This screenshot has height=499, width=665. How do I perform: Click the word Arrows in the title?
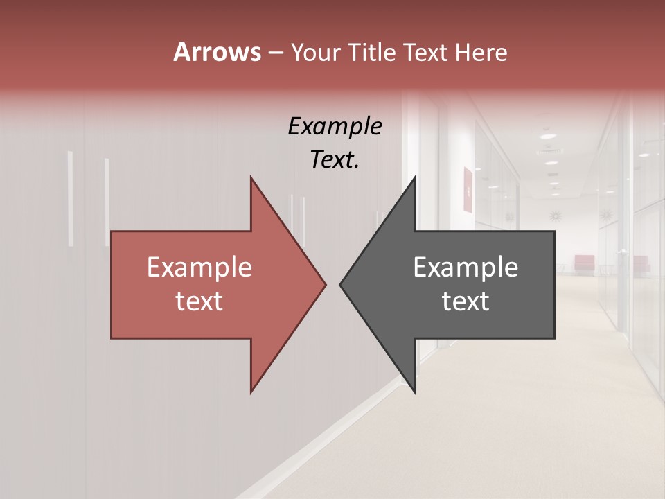217,52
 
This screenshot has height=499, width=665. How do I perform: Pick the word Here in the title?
482,53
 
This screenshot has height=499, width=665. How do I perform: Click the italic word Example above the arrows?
335,127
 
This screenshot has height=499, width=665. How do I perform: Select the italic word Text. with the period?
335,160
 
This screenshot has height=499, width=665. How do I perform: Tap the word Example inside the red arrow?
199,268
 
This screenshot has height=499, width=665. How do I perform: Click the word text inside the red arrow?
199,301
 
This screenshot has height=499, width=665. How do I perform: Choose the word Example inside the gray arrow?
465,268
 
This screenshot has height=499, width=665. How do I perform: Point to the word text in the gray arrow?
465,301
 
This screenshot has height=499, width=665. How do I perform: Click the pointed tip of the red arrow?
325,284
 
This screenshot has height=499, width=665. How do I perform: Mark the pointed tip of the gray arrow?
341,284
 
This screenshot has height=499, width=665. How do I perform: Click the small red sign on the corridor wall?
468,189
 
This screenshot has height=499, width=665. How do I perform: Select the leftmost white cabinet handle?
70,199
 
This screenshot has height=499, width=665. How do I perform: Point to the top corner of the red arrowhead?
251,177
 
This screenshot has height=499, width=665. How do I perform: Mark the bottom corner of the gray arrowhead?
415,392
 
